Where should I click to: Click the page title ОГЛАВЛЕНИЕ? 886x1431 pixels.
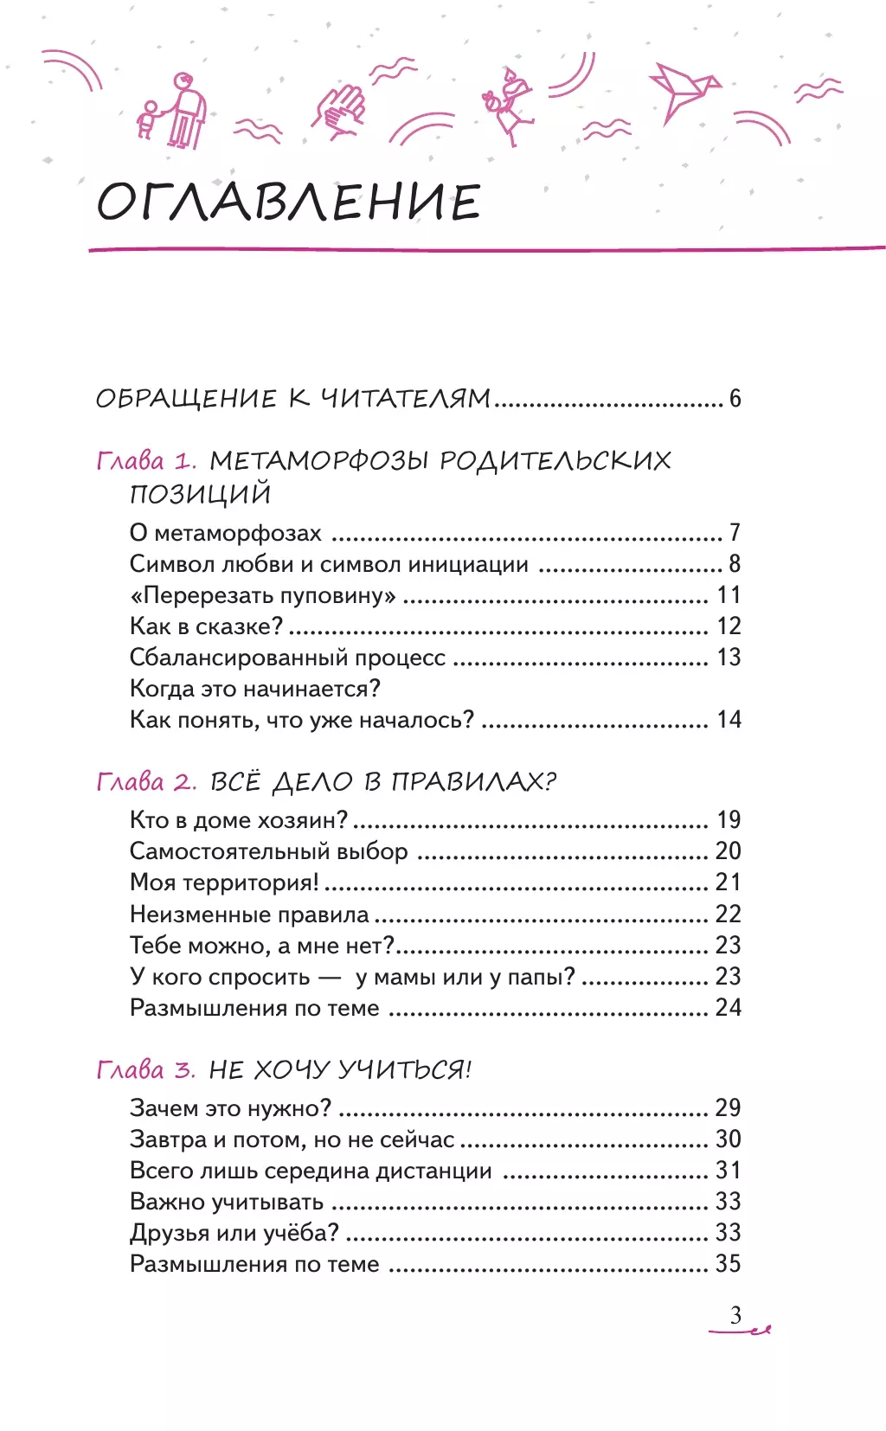coord(288,202)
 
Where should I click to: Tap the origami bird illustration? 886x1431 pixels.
coord(684,90)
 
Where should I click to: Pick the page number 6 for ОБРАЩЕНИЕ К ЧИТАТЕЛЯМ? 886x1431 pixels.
coord(735,398)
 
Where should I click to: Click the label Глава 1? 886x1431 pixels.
coord(146,460)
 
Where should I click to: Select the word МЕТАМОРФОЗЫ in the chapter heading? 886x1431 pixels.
coord(319,460)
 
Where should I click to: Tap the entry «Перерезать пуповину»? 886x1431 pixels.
coord(263,595)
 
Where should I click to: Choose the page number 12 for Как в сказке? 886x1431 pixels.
coord(729,626)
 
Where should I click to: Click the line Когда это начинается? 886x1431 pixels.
coord(255,689)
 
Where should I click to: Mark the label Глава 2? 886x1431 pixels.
coord(146,782)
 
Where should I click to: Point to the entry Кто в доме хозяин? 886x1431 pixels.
coord(239,820)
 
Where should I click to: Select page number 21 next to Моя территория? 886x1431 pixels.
coord(728,882)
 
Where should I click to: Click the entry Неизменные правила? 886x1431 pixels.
coord(249,914)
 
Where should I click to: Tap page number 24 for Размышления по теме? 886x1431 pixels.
coord(728,1008)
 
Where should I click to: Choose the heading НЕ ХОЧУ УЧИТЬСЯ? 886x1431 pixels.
coord(340,1070)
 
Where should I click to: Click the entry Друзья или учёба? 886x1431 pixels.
coord(234,1233)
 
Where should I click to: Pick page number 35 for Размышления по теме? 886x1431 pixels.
coord(728,1264)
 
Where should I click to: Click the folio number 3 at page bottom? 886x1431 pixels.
coord(735,1316)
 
